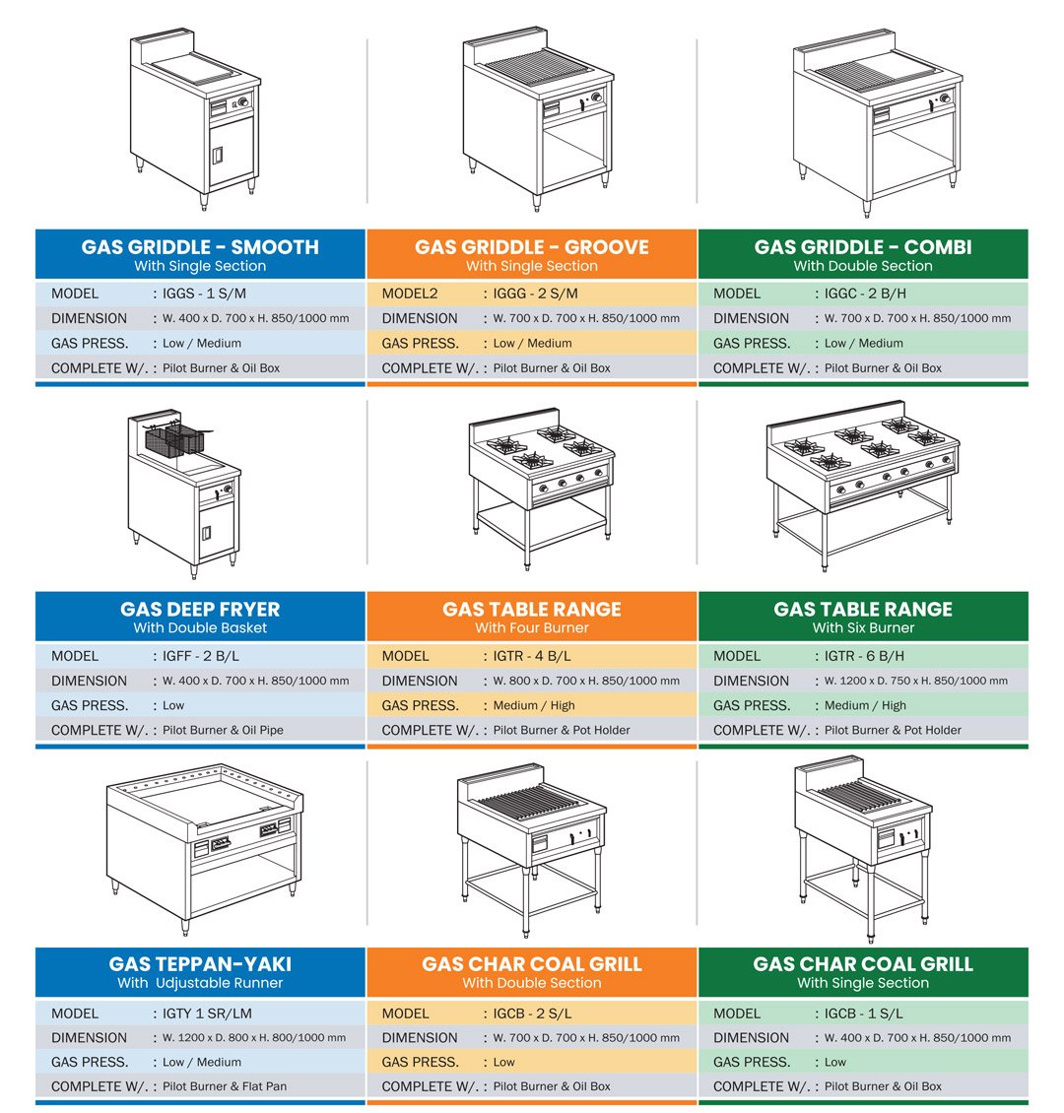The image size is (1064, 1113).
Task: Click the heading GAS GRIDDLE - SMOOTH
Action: [200, 247]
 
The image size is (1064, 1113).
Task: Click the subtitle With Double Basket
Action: [200, 627]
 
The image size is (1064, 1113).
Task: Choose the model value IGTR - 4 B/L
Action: [532, 656]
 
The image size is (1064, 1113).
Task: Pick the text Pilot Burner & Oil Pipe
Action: [223, 730]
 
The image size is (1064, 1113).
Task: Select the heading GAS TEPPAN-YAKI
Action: [200, 964]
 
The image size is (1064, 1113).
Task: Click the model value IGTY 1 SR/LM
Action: [207, 1014]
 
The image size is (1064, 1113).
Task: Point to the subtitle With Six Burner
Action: [863, 627]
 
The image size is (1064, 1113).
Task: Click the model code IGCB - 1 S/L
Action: [863, 1014]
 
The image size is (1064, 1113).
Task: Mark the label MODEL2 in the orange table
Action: [410, 294]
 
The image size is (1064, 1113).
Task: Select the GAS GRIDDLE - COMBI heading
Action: [863, 247]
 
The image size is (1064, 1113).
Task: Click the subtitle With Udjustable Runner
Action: [200, 983]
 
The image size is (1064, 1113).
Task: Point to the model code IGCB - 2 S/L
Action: [532, 1014]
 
